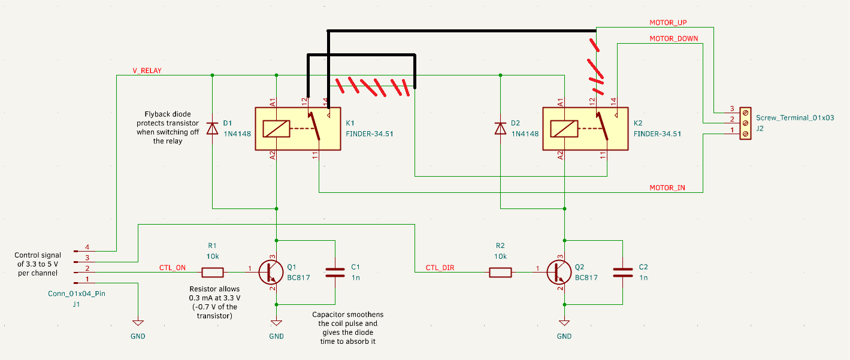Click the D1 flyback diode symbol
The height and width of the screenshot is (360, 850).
pyautogui.click(x=212, y=128)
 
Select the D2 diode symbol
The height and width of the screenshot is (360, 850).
pyautogui.click(x=500, y=128)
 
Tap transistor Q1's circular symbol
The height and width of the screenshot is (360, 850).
pyautogui.click(x=271, y=272)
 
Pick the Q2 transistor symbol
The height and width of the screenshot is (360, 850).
pyautogui.click(x=559, y=272)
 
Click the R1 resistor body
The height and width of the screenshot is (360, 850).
pyautogui.click(x=213, y=273)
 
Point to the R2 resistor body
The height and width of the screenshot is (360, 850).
pyautogui.click(x=501, y=273)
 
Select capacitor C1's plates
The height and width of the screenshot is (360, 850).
pyautogui.click(x=335, y=273)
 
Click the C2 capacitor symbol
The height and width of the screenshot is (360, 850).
pyautogui.click(x=623, y=273)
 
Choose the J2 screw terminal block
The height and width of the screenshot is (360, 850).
pyautogui.click(x=745, y=123)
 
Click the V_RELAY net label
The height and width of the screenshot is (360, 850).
pyautogui.click(x=147, y=71)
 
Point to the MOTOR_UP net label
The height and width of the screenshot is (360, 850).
pyautogui.click(x=668, y=23)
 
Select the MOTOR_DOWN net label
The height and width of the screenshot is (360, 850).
pyautogui.click(x=674, y=38)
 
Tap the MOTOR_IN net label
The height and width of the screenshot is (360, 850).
pyautogui.click(x=667, y=188)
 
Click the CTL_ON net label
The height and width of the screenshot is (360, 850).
pyautogui.click(x=172, y=268)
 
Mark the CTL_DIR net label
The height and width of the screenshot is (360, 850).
pyautogui.click(x=440, y=268)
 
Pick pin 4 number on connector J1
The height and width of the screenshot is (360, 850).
pyautogui.click(x=87, y=247)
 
